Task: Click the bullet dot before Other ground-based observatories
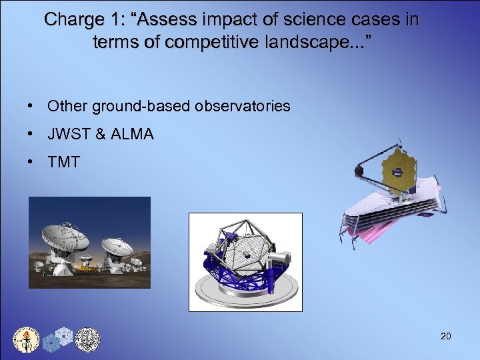pos(31,106)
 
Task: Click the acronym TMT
pos(64,163)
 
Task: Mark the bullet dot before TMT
pos(31,163)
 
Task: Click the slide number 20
pos(445,336)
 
